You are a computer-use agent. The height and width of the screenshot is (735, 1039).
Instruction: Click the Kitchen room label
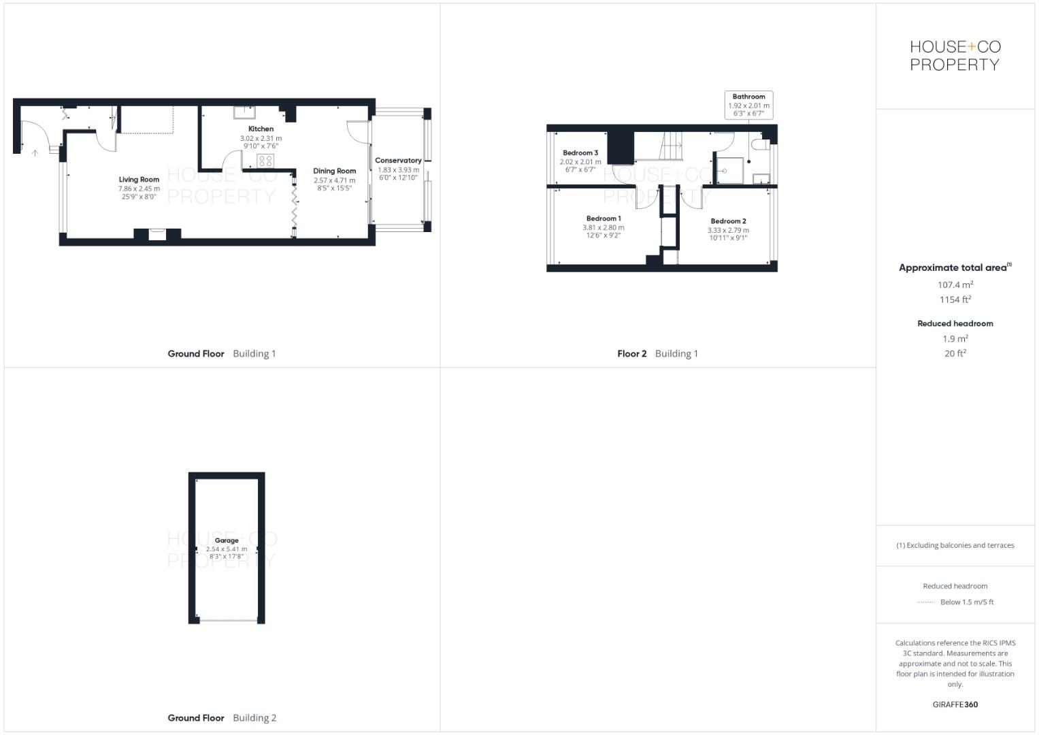[x=261, y=129]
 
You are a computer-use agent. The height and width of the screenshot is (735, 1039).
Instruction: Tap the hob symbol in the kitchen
[x=265, y=161]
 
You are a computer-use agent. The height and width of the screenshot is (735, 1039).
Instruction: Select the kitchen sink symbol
[x=245, y=112]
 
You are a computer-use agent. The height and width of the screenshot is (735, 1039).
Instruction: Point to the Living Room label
[x=139, y=180]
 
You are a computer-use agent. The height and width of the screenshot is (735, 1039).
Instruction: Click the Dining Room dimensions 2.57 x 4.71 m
[x=334, y=180]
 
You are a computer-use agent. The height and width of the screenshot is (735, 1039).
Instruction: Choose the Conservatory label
[x=398, y=161]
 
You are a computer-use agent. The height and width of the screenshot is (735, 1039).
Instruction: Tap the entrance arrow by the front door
[x=35, y=153]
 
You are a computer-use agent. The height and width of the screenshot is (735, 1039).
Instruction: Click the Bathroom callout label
[x=748, y=97]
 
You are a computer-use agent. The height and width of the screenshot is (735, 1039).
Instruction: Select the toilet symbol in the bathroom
[x=760, y=145]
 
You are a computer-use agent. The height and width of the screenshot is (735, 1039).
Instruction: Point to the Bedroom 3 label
[x=580, y=153]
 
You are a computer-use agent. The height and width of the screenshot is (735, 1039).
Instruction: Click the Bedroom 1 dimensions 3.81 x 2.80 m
[x=603, y=227]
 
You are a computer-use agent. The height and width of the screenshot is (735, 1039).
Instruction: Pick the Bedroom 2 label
[x=728, y=221]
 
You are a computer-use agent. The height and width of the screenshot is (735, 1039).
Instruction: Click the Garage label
[x=227, y=540]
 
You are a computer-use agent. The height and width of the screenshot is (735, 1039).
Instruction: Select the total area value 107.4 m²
[x=955, y=285]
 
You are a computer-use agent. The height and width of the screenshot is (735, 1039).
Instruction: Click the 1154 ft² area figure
[x=955, y=299]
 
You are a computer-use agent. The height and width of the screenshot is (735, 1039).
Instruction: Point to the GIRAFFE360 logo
[x=955, y=704]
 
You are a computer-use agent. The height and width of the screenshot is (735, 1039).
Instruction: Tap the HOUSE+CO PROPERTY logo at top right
[x=955, y=56]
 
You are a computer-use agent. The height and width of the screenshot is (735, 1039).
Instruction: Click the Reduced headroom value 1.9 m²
[x=955, y=338]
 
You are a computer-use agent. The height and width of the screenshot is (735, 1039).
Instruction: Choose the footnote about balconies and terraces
[x=955, y=545]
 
